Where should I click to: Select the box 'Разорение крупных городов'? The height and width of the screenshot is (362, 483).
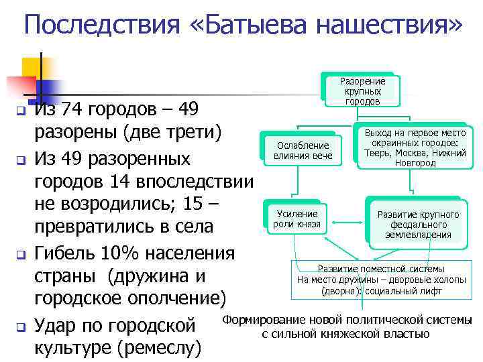click(x=363, y=91)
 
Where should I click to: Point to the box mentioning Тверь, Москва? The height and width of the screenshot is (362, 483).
click(x=415, y=147)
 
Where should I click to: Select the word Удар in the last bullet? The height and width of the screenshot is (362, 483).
click(x=56, y=326)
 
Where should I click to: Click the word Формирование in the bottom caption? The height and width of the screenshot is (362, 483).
click(x=265, y=320)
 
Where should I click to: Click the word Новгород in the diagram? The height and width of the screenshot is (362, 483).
click(x=415, y=163)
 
